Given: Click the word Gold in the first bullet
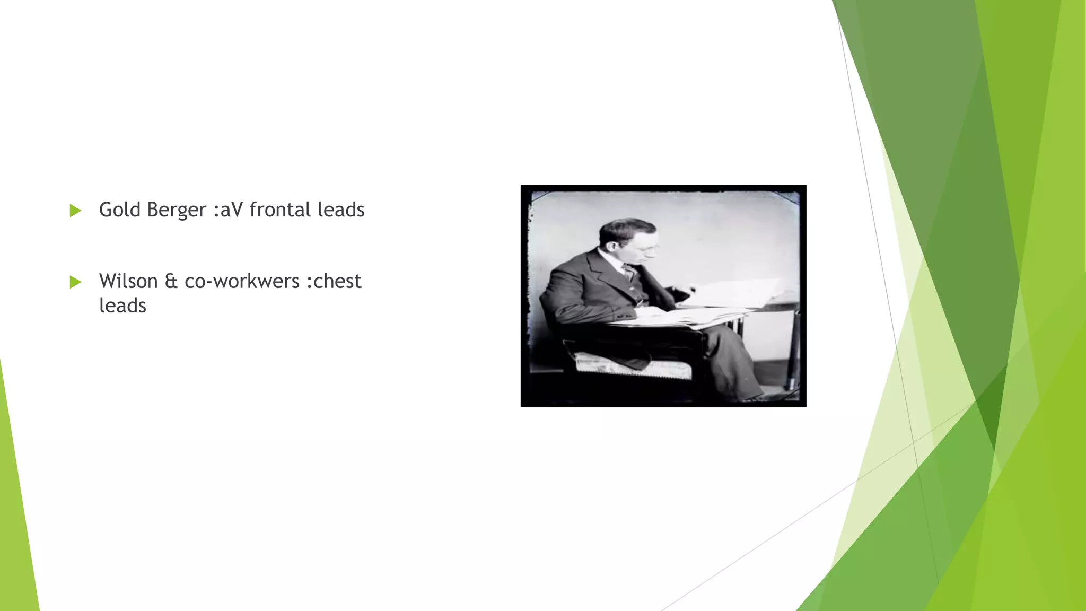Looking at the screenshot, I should point(120,210).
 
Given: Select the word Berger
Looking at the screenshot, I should point(176,210).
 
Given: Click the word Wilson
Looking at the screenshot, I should point(128,281).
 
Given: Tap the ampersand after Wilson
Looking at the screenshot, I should point(171,281).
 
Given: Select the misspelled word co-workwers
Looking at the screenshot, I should point(242,281).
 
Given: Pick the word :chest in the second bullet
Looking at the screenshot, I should point(334,281).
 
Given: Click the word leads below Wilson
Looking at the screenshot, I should point(122,305).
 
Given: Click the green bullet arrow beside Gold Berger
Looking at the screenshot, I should point(75,211).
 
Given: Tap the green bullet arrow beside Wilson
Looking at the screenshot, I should point(75,282).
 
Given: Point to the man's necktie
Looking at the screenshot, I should point(629,273).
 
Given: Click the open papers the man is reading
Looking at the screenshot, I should point(726,294).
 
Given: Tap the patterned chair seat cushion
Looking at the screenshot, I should point(631,366).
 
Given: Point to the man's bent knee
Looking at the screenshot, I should point(721,334).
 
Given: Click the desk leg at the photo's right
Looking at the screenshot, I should point(793,350).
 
